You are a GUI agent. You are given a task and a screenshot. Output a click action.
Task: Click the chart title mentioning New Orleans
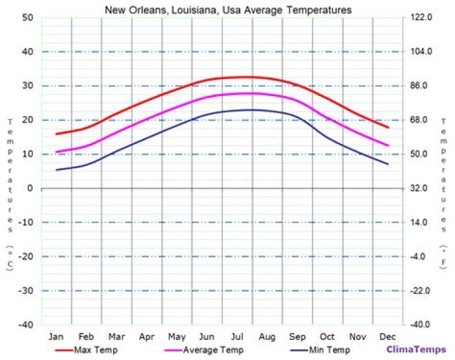(x=228, y=10)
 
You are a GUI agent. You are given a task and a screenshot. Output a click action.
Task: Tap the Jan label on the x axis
(x=56, y=336)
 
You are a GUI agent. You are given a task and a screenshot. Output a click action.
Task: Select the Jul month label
(x=236, y=336)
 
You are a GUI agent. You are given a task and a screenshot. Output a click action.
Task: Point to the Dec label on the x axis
(x=387, y=336)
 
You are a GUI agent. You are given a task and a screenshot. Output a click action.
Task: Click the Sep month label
(x=297, y=336)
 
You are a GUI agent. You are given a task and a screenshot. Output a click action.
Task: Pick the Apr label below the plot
(x=147, y=336)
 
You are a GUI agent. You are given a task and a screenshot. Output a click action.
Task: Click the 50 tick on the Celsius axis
(x=27, y=18)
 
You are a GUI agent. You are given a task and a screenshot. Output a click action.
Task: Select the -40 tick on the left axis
(x=25, y=325)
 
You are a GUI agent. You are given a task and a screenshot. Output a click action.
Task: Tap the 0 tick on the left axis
(x=30, y=188)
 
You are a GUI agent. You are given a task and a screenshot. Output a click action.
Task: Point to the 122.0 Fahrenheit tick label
(x=421, y=18)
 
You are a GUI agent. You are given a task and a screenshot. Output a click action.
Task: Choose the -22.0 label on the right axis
(x=421, y=291)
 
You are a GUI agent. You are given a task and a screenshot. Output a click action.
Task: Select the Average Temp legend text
(x=209, y=350)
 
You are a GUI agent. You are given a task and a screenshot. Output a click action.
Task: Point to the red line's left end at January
(x=56, y=134)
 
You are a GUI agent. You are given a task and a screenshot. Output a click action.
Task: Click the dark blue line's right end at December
(x=388, y=164)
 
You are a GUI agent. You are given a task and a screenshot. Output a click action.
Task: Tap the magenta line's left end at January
(x=56, y=152)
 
